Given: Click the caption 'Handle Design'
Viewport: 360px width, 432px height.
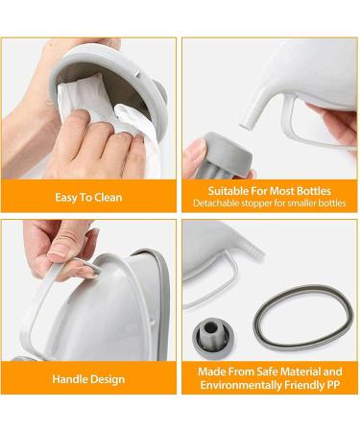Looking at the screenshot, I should coord(88,378).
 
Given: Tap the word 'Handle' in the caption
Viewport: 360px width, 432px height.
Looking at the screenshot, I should coord(70,378).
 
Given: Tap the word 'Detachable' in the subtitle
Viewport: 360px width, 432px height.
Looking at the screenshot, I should coord(218,204).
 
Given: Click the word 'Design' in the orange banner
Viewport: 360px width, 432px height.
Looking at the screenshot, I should coord(108,378).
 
